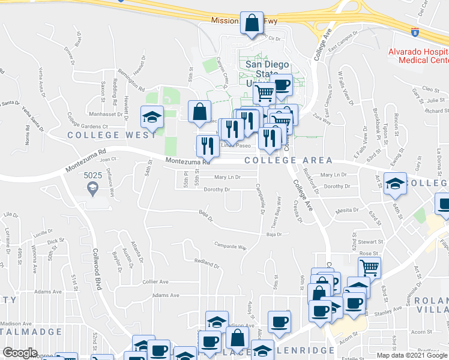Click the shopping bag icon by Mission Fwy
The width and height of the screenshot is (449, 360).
[x=253, y=23]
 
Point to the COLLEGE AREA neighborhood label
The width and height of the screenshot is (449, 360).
[x=288, y=160]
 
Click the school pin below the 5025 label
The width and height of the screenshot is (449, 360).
[x=93, y=190]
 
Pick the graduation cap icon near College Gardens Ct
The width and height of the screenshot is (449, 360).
[x=152, y=116]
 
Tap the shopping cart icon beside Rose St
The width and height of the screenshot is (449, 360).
[x=370, y=266]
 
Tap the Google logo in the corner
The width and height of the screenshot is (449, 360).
[x=20, y=353]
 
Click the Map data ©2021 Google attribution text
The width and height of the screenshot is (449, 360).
[x=412, y=355]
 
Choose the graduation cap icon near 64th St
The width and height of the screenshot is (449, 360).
[x=395, y=184]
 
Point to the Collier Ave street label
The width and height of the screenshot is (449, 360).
[x=155, y=281]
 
